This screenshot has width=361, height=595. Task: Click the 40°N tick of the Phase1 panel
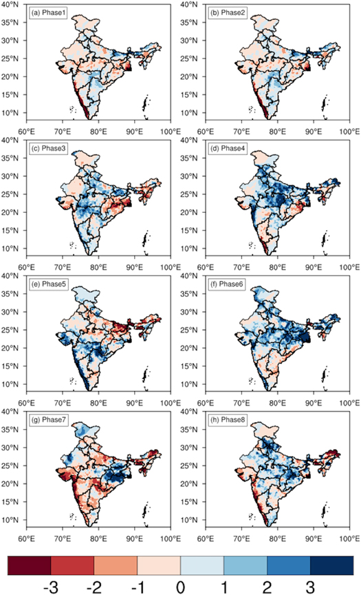(14, 6)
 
